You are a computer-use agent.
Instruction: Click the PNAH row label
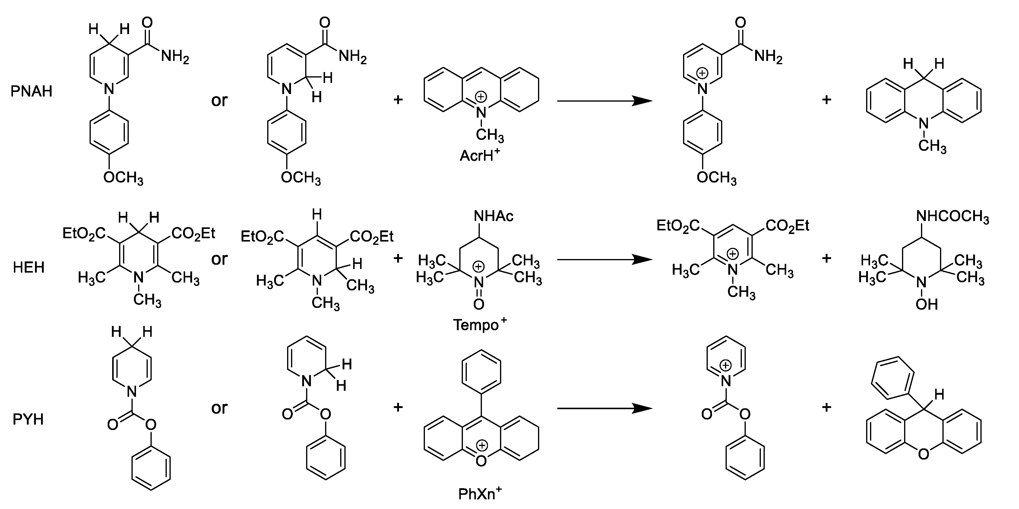(31, 91)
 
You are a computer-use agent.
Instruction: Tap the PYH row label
(28, 419)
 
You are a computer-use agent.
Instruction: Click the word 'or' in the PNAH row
(219, 100)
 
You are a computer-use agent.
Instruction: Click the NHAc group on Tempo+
(493, 216)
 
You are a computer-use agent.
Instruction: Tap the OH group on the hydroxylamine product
(926, 304)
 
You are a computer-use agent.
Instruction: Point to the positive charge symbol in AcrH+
(481, 97)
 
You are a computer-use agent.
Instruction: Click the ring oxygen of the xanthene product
(923, 454)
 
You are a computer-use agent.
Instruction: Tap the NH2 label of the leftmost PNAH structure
(175, 57)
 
